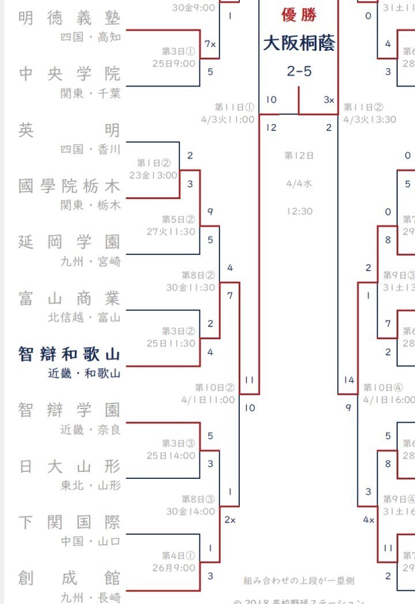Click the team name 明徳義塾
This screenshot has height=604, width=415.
pyautogui.click(x=69, y=18)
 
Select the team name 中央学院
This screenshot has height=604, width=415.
pyautogui.click(x=69, y=74)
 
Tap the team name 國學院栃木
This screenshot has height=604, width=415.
pyautogui.click(x=69, y=186)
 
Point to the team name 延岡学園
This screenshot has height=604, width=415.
pyautogui.click(x=69, y=242)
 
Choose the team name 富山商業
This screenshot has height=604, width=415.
pyautogui.click(x=69, y=298)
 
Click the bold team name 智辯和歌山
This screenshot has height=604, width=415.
pyautogui.click(x=69, y=354)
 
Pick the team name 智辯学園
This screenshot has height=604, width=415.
pyautogui.click(x=69, y=410)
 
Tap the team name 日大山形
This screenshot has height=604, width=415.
pyautogui.click(x=69, y=466)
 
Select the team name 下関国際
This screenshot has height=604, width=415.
pyautogui.click(x=69, y=523)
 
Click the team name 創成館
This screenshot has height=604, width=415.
pyautogui.click(x=69, y=578)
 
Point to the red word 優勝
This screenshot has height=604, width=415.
pyautogui.click(x=299, y=14)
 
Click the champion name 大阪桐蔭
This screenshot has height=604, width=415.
pyautogui.click(x=299, y=43)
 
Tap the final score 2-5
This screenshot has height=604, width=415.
pyautogui.click(x=299, y=71)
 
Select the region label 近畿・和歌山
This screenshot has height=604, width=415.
pyautogui.click(x=84, y=373)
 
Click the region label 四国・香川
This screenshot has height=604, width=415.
pyautogui.click(x=90, y=149)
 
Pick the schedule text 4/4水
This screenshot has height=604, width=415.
pyautogui.click(x=299, y=183)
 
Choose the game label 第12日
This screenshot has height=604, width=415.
pyautogui.click(x=299, y=155)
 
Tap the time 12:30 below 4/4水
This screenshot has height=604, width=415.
pyautogui.click(x=299, y=211)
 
